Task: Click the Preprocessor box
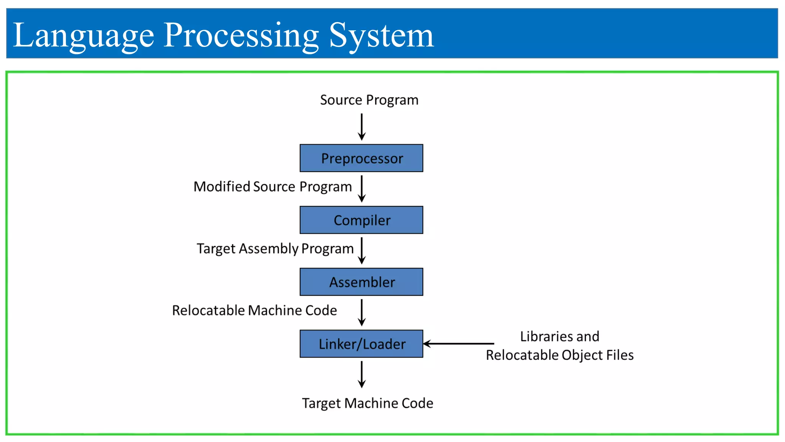coord(361,158)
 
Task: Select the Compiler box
coord(361,220)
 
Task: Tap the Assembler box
coord(361,282)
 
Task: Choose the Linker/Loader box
coord(361,343)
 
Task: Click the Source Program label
coord(369,100)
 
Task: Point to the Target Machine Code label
coord(367,403)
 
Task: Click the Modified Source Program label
coord(273,186)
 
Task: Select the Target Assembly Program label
coord(275,249)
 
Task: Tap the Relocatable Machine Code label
coord(254,310)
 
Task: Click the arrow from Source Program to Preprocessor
coord(361,127)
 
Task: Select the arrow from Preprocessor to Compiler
coord(361,189)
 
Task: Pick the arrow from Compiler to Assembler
coord(361,251)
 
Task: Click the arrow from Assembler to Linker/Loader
coord(361,312)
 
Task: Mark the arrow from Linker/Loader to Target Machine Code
coord(361,374)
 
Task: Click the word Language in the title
coord(83,36)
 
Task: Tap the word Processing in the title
coord(241,36)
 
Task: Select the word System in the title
coord(381,36)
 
